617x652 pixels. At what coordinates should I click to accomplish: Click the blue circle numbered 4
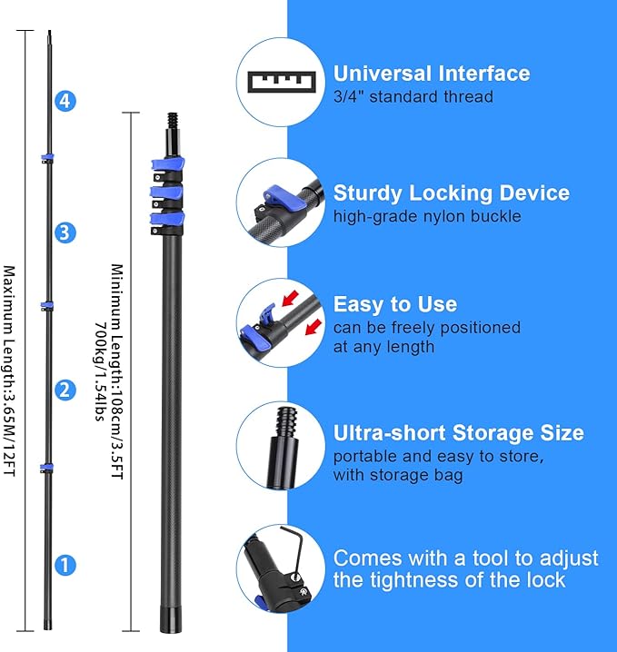tap(64, 102)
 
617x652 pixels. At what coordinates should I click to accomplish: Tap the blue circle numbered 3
tap(64, 233)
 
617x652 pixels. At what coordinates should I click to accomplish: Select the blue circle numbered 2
tap(64, 390)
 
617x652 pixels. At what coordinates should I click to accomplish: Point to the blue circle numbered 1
tap(64, 565)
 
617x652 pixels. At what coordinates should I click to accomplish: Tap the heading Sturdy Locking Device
tap(451, 193)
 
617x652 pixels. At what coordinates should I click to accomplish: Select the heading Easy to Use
tap(394, 304)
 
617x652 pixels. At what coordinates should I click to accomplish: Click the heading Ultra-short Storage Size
tap(458, 433)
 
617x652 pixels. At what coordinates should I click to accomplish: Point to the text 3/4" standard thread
tap(413, 96)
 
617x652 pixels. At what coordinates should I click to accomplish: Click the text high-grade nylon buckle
tap(427, 216)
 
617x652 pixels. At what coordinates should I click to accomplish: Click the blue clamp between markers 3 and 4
tap(45, 160)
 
